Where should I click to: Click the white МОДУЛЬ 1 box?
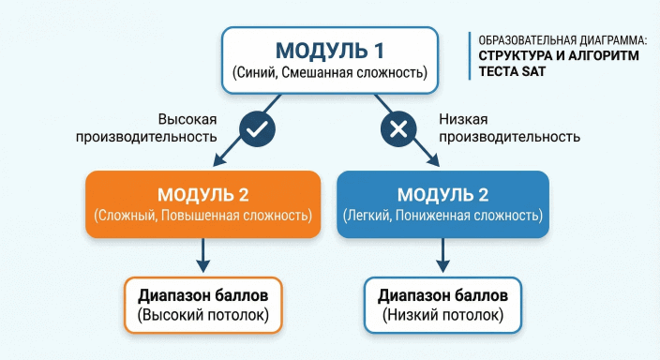click(x=329, y=60)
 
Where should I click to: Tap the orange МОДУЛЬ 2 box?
click(x=202, y=203)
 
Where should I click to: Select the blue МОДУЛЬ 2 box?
click(x=442, y=203)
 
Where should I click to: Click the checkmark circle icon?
click(x=255, y=129)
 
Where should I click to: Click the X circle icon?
click(x=397, y=129)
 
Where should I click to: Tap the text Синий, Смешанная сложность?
click(x=329, y=73)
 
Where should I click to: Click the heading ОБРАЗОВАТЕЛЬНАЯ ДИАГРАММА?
click(x=562, y=41)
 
